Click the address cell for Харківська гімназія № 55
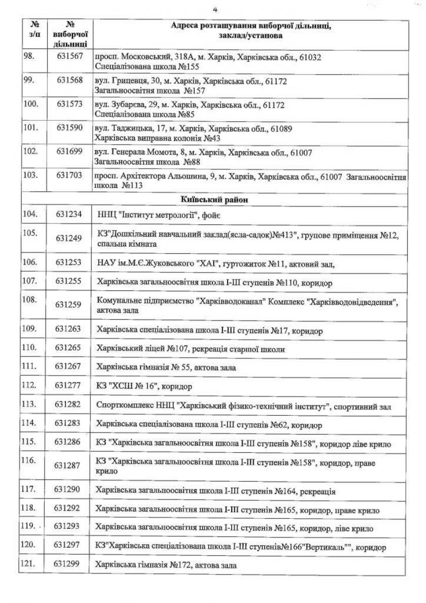point(166,367)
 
